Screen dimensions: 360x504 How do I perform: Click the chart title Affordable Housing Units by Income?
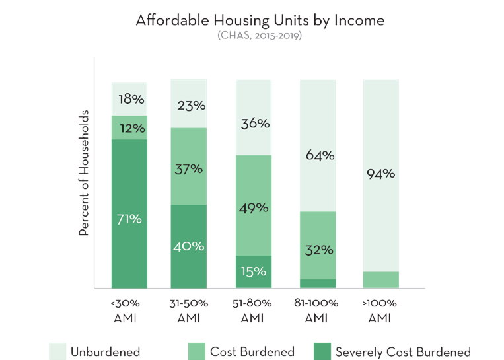[x=260, y=20]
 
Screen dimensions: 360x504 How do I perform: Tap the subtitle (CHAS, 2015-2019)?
[x=260, y=35]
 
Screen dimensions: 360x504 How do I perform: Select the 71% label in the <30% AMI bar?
[x=129, y=219]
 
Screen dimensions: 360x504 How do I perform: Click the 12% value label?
[x=129, y=127]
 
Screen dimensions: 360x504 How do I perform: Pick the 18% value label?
[x=129, y=100]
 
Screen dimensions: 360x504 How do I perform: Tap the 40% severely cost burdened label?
[x=188, y=246]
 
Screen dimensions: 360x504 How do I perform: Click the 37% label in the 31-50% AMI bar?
[x=188, y=169]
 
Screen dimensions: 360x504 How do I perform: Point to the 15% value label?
[x=253, y=271]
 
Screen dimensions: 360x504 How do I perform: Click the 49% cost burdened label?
[x=253, y=208]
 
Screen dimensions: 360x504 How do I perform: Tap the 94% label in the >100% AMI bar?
[x=381, y=174]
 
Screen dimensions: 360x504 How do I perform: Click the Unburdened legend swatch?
[x=57, y=351]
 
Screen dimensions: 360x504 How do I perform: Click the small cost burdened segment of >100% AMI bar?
[x=381, y=279]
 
